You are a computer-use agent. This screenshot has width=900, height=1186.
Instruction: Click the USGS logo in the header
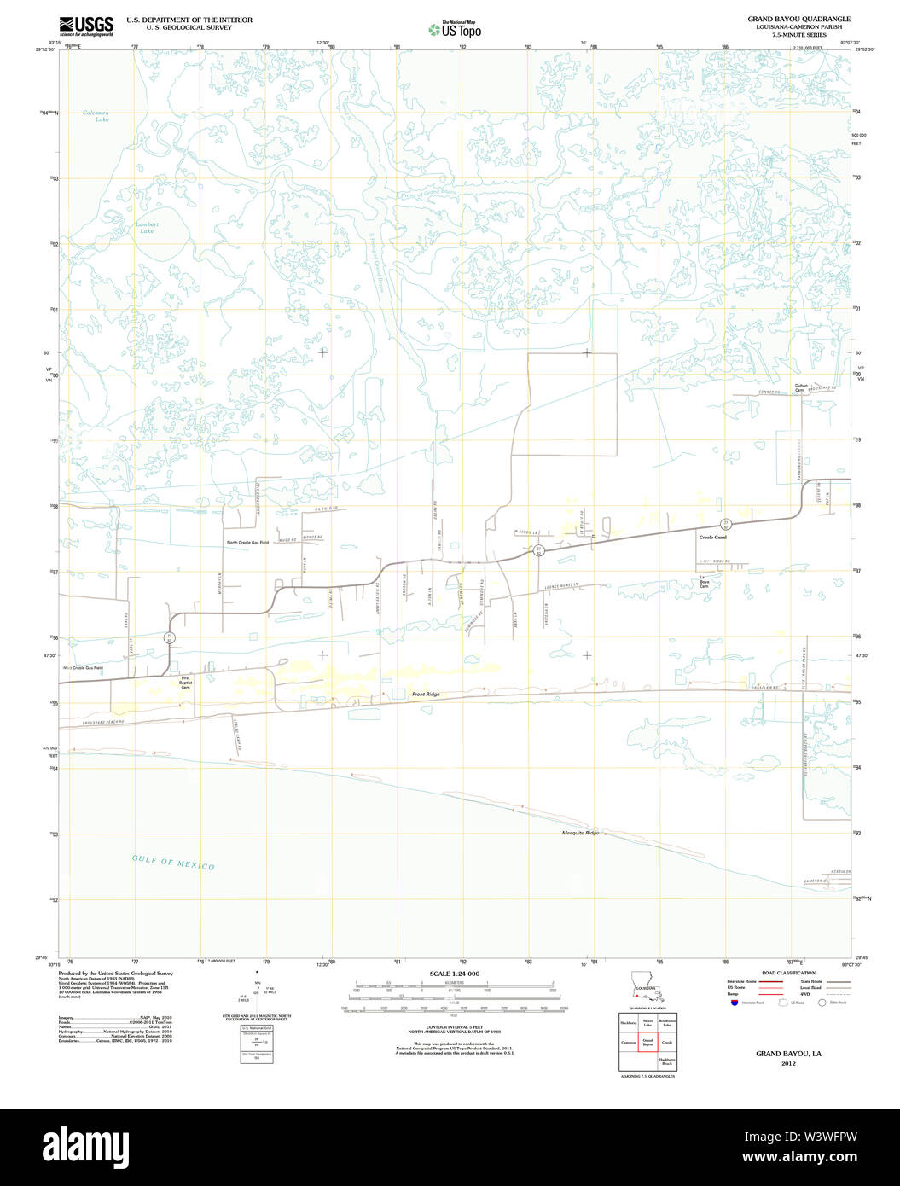86,25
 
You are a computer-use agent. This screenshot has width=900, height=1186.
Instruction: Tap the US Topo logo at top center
456,30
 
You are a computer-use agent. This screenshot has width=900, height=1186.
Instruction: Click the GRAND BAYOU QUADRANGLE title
798,19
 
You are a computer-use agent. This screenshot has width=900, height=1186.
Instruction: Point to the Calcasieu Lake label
96,116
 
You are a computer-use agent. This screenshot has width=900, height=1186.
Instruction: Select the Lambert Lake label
147,229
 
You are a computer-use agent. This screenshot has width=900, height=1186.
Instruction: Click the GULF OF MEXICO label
173,862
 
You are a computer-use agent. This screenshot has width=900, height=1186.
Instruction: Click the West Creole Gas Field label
83,667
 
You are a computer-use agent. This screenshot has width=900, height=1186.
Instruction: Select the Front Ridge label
426,695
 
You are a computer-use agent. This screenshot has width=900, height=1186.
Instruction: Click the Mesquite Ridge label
580,833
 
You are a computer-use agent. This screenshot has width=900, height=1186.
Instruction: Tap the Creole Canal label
712,538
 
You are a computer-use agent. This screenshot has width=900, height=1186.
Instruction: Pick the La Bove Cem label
705,583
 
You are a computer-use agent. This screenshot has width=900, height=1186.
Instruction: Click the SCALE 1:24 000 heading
455,974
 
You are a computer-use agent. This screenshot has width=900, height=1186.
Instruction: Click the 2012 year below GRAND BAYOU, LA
787,1063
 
